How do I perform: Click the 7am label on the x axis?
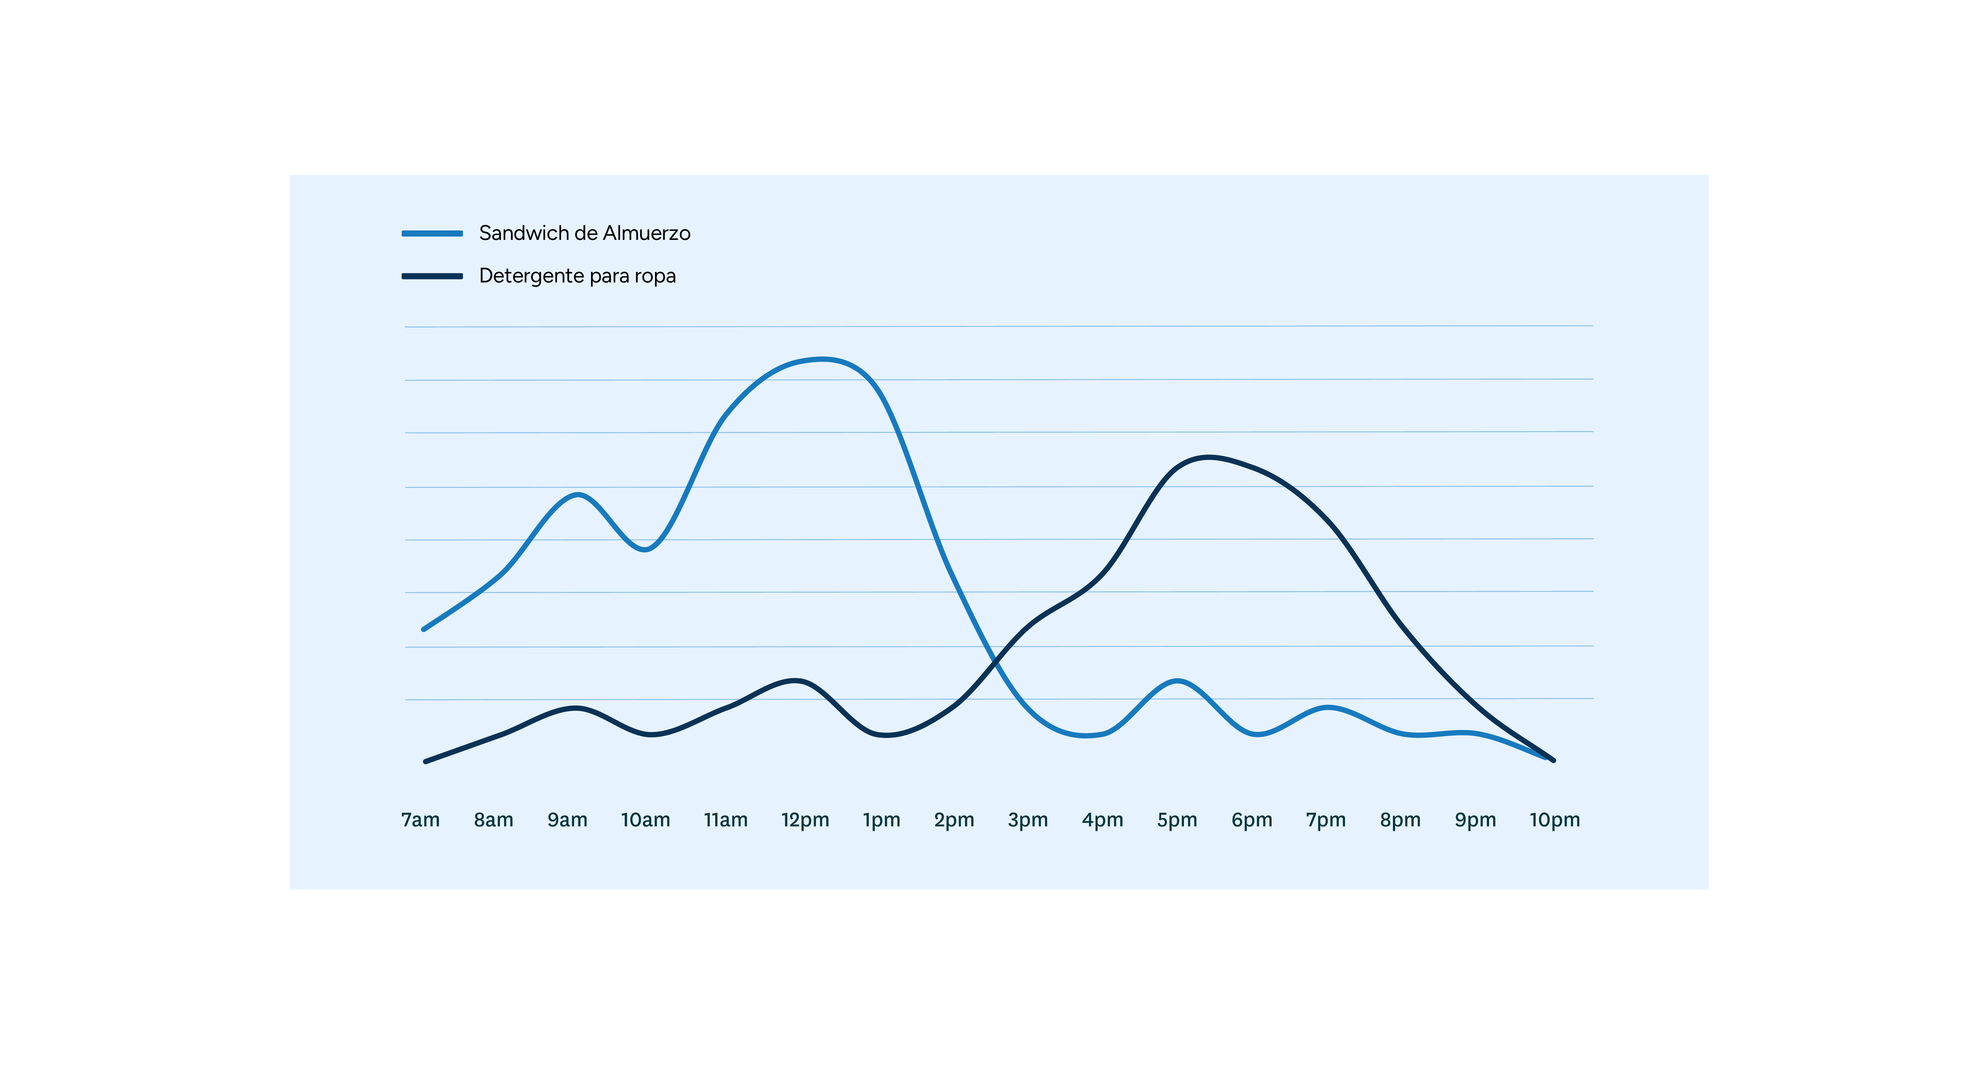(420, 820)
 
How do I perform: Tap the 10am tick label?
(645, 820)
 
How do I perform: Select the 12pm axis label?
(804, 820)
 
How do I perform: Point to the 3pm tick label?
(1028, 820)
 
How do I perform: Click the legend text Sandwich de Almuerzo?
(584, 233)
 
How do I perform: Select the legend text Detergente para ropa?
(577, 276)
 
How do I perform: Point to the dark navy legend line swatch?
(432, 276)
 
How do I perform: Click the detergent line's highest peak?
(1209, 457)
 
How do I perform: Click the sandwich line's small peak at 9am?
(577, 494)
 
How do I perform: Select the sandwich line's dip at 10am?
(647, 549)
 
